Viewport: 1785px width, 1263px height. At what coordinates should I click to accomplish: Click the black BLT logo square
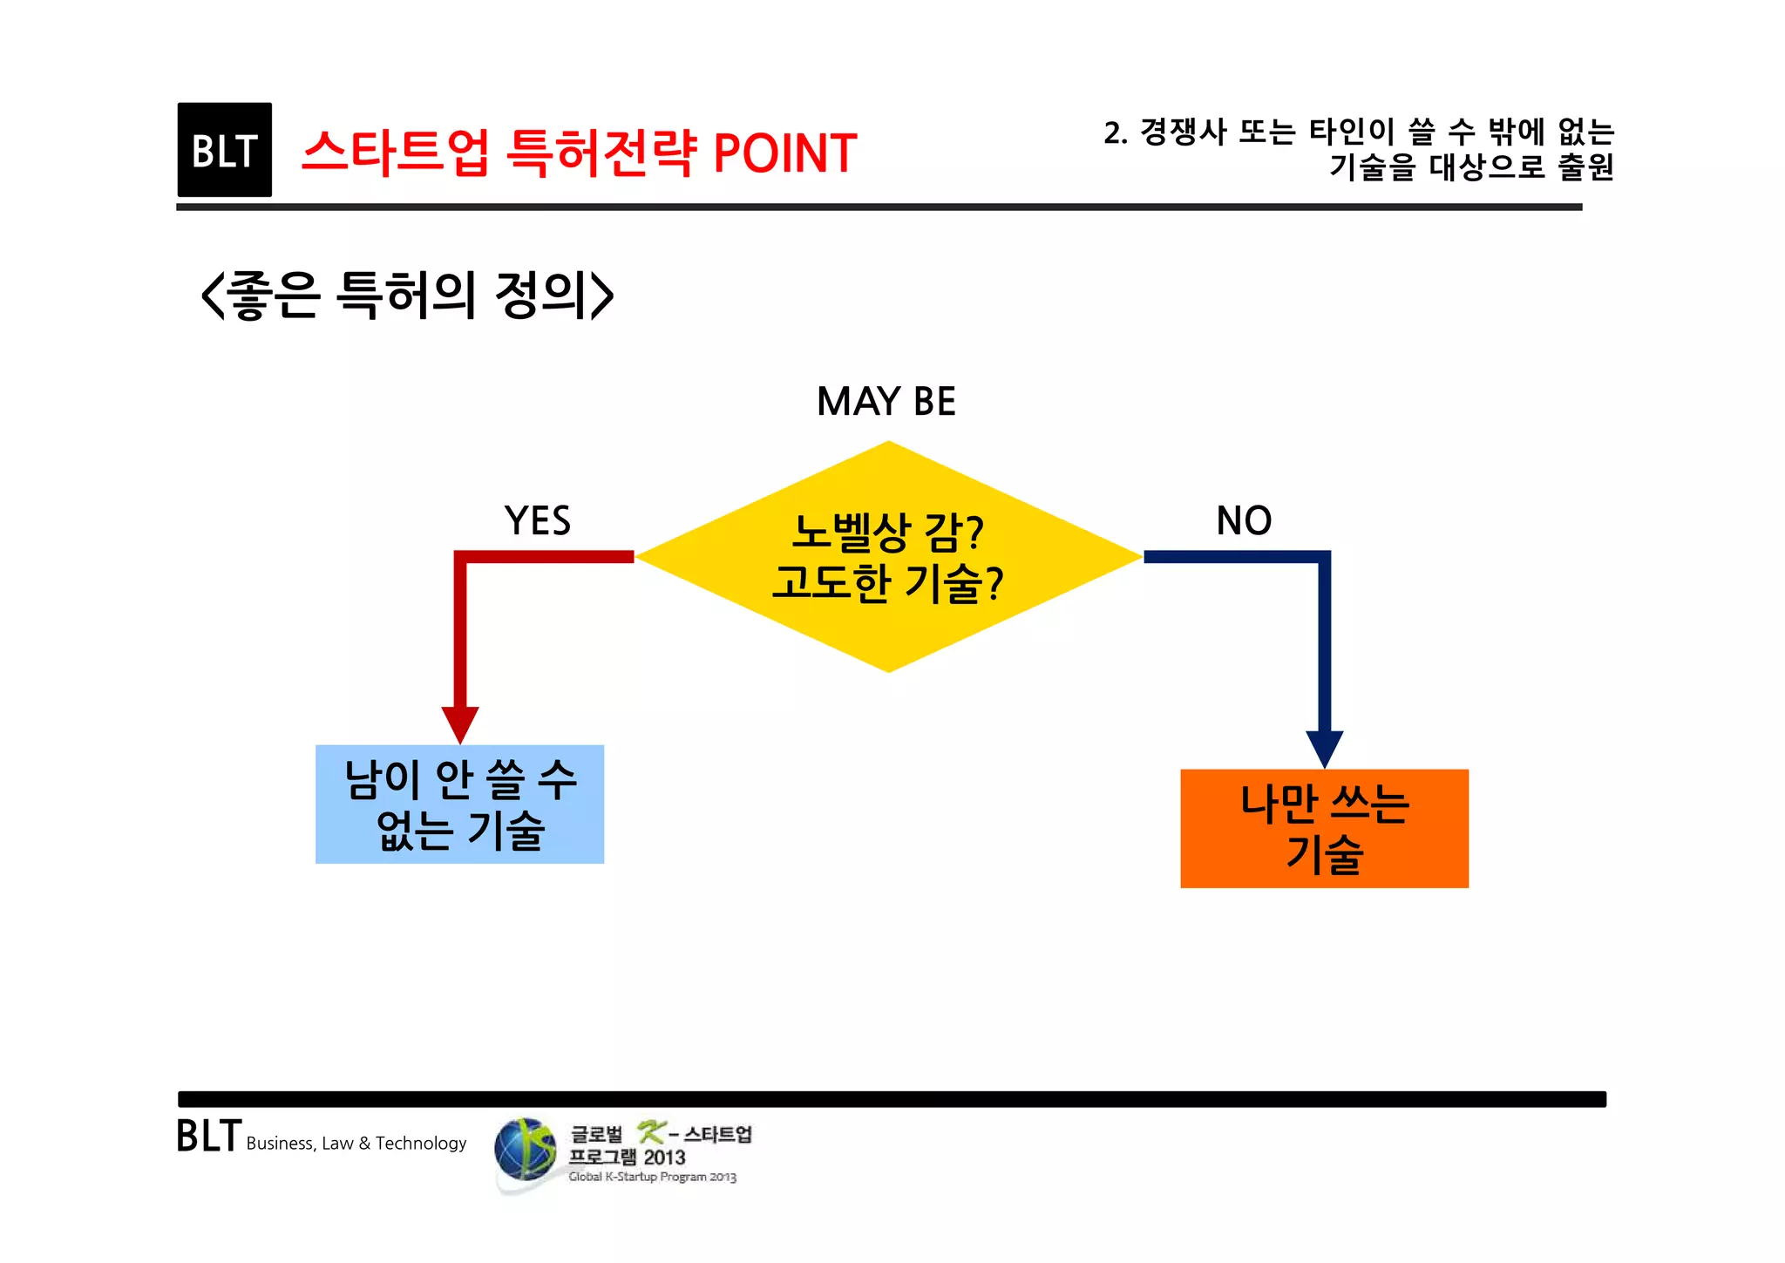pyautogui.click(x=224, y=150)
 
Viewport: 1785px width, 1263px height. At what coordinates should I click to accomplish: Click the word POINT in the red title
pyautogui.click(x=784, y=153)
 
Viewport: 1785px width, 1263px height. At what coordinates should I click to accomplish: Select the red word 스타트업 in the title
pyautogui.click(x=395, y=153)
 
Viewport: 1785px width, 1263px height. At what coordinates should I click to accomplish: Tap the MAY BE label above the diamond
pyautogui.click(x=886, y=402)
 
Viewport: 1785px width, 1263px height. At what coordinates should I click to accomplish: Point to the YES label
pyautogui.click(x=537, y=521)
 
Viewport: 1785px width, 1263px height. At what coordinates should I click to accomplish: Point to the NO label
pyautogui.click(x=1244, y=520)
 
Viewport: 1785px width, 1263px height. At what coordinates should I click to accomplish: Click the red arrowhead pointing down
pyautogui.click(x=459, y=723)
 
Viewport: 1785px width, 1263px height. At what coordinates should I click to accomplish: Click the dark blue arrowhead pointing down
pyautogui.click(x=1324, y=748)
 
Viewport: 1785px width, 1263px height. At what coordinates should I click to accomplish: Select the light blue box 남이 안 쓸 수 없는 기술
pyautogui.click(x=459, y=804)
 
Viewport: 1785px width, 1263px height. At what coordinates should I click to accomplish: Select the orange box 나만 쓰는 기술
pyautogui.click(x=1324, y=828)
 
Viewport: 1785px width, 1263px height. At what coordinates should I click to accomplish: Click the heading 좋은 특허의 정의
pyautogui.click(x=407, y=295)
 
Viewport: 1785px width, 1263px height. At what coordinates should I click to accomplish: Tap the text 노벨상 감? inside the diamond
pyautogui.click(x=887, y=532)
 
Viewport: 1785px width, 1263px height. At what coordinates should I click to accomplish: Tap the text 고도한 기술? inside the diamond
pyautogui.click(x=887, y=583)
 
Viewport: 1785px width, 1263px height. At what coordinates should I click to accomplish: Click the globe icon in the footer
pyautogui.click(x=525, y=1150)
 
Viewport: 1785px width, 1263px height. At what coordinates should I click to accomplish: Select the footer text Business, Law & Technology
pyautogui.click(x=356, y=1144)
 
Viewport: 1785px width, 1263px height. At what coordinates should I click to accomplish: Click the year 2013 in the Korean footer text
pyautogui.click(x=664, y=1158)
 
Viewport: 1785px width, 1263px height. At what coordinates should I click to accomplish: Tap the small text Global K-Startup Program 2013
pyautogui.click(x=652, y=1177)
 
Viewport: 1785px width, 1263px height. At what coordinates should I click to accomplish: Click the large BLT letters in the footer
pyautogui.click(x=208, y=1137)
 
